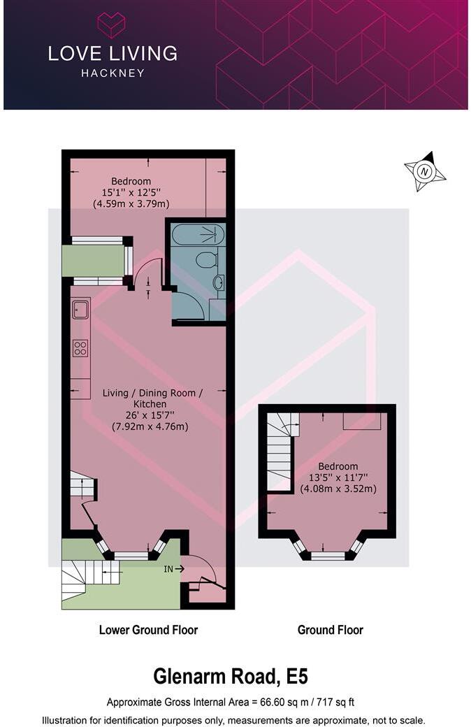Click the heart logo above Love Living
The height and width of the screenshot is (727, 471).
pos(111,25)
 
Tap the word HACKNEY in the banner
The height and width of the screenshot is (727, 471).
pos(112,73)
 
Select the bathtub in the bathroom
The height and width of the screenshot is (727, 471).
pos(198,234)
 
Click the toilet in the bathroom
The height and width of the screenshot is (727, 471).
pos(205,260)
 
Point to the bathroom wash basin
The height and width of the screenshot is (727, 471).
pos(218,283)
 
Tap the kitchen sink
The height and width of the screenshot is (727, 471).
pos(80,309)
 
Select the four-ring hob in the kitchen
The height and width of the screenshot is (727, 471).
pos(80,347)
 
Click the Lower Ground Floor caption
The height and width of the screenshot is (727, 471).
pos(148,630)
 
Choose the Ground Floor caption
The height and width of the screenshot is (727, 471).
pos(330,630)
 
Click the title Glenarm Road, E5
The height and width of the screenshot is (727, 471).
pos(231,677)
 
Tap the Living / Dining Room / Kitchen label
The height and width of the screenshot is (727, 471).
pos(152,398)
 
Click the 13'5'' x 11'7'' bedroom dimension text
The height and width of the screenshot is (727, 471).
pos(338,477)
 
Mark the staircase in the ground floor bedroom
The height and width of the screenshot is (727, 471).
pos(280,451)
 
